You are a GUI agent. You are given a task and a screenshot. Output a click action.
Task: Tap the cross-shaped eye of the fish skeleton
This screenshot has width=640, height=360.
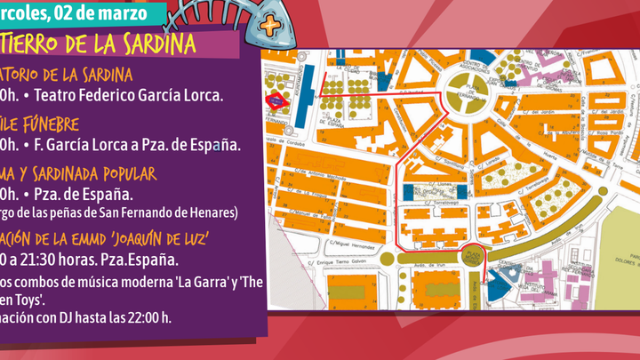click(268, 25)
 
